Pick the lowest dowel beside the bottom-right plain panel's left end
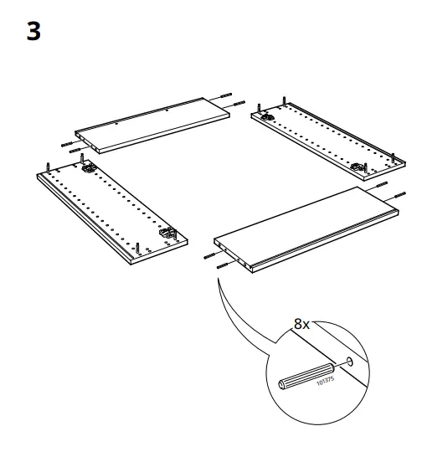tap(222, 265)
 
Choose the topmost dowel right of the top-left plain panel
tap(228, 95)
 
